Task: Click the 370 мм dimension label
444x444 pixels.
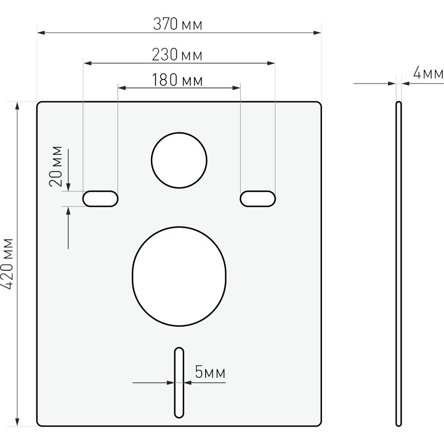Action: pyautogui.click(x=178, y=24)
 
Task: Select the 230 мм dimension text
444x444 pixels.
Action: pyautogui.click(x=177, y=55)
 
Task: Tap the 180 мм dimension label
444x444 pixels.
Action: pyautogui.click(x=177, y=80)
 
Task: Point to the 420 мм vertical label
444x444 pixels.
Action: pyautogui.click(x=7, y=264)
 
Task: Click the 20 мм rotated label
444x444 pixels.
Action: pyautogui.click(x=55, y=166)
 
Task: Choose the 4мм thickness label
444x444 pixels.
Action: pyautogui.click(x=428, y=73)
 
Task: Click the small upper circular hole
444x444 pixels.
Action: pyautogui.click(x=179, y=160)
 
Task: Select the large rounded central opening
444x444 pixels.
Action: pyautogui.click(x=179, y=276)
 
